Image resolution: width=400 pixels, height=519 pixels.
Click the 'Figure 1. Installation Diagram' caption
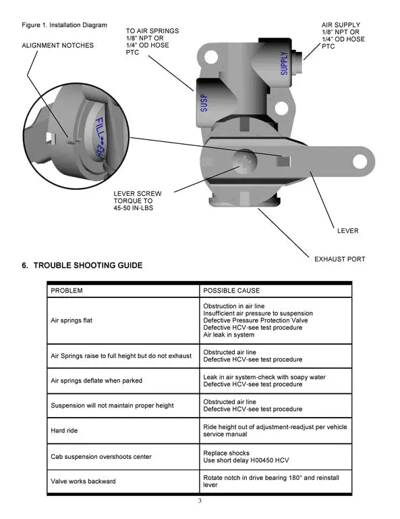65,26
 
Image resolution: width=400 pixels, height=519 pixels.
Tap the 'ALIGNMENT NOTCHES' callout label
58,46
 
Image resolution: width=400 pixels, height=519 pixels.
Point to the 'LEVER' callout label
348,231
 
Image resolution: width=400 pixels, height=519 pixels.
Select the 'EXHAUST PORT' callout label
340,259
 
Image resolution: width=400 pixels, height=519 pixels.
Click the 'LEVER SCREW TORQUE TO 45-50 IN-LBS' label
138,201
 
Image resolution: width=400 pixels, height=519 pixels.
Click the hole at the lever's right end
358,162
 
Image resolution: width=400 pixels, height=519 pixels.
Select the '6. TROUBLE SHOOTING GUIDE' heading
82,266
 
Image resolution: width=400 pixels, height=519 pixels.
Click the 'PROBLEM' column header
67,291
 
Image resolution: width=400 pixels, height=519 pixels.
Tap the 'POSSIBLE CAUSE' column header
231,291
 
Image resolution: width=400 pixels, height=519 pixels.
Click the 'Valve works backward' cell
84,482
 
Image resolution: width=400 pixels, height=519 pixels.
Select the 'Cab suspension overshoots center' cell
101,457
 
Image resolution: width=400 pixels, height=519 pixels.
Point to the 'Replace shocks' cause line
226,453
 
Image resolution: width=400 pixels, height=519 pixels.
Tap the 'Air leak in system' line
229,335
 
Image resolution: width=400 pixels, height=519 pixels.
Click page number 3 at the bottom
200,501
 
